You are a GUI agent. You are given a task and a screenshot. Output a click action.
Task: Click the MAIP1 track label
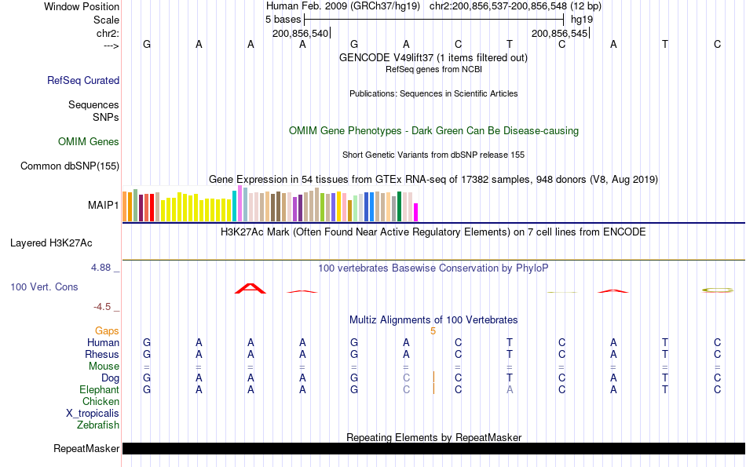[x=104, y=206]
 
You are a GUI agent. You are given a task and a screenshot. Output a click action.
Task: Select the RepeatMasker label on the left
[x=86, y=449]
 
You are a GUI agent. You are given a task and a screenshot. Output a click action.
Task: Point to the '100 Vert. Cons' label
[x=44, y=287]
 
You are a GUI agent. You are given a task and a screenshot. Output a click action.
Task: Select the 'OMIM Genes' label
[x=89, y=142]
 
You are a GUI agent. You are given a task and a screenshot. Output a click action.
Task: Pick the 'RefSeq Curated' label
[x=83, y=80]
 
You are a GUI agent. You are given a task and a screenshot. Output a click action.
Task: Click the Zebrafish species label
[x=98, y=425]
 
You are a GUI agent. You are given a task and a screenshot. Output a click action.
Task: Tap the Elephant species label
[x=99, y=390]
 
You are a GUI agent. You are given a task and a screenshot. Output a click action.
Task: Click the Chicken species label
[x=101, y=402]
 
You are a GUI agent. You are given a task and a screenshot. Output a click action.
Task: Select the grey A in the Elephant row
[x=510, y=390]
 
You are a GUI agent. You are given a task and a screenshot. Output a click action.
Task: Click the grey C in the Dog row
[x=406, y=378]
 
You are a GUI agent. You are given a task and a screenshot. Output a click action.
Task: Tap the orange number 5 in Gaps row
[x=433, y=331]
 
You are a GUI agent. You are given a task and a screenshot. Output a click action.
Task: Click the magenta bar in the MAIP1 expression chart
[x=416, y=212]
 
